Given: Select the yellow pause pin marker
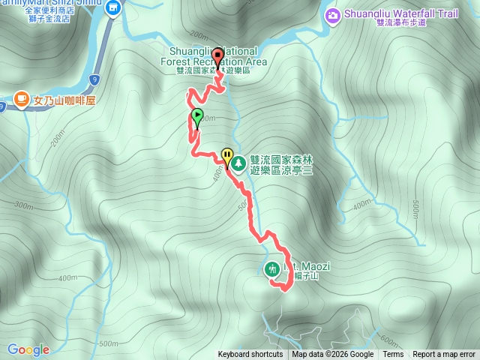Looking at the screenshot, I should pos(227,157).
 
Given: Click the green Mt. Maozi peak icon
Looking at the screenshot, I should pos(272,268).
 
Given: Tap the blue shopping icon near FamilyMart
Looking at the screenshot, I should pos(113,8).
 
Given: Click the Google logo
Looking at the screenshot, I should pos(28,349).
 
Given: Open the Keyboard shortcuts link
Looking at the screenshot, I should pos(250,355).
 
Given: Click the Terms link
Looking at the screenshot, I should pos(393,355).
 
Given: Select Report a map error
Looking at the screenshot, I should pos(444,355).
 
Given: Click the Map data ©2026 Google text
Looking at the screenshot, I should pos(333,355).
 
